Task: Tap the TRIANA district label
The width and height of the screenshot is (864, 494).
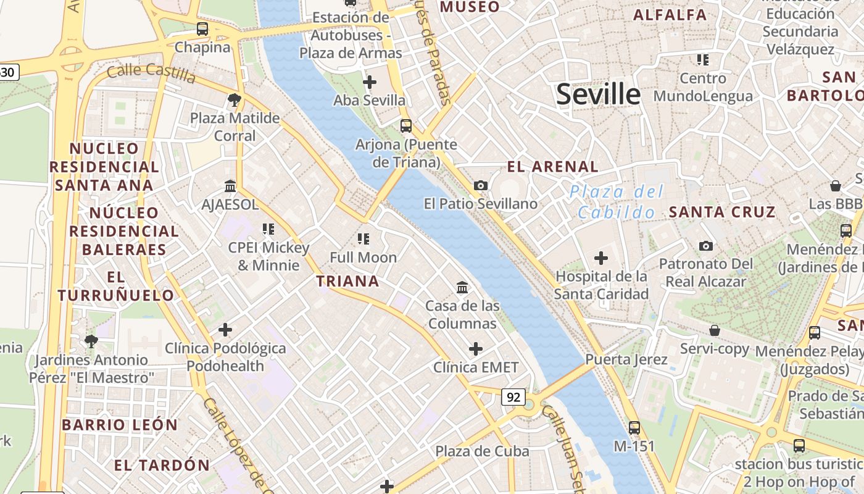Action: click(347, 282)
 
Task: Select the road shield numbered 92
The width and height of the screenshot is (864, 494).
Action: click(513, 397)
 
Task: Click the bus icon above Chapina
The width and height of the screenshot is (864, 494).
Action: click(202, 28)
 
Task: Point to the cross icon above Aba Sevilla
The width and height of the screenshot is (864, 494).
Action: click(370, 82)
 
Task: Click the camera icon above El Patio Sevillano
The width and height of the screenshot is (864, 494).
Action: click(480, 185)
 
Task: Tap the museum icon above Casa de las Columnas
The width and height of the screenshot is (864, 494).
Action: click(462, 287)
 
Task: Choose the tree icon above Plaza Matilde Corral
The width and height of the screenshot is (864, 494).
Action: click(235, 99)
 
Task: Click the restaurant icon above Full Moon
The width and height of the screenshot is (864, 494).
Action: click(363, 238)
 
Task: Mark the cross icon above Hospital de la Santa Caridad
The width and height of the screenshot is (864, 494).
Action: click(601, 258)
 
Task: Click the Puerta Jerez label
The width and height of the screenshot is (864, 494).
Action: click(626, 359)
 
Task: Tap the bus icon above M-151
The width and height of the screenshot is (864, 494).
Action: click(634, 427)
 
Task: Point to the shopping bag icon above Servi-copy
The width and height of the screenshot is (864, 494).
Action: click(715, 330)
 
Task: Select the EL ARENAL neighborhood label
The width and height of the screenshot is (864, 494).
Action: click(552, 166)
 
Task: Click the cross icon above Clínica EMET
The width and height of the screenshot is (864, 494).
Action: click(476, 349)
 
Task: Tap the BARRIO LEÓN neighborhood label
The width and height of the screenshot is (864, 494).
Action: click(120, 425)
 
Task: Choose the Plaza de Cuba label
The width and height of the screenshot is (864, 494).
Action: click(482, 451)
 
